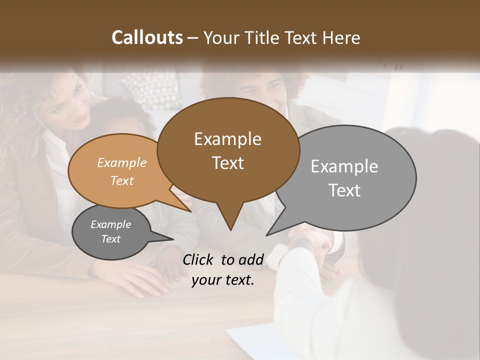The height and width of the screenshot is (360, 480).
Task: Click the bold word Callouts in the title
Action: tap(147, 37)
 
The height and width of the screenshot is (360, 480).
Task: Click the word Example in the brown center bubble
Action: tap(227, 139)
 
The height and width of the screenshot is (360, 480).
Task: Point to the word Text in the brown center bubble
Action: tap(227, 163)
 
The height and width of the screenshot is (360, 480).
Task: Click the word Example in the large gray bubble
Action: tap(344, 166)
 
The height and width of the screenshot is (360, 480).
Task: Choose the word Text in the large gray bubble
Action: tap(344, 190)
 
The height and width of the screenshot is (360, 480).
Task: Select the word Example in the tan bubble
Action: tap(122, 162)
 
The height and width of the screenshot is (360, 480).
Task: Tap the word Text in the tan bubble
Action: tap(122, 180)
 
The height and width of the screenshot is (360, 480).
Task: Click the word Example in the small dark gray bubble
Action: tap(110, 224)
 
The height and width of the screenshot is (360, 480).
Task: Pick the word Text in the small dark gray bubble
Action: tap(110, 239)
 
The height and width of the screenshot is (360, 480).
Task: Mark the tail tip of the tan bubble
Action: tap(190, 210)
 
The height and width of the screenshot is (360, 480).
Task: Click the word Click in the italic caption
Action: tap(199, 259)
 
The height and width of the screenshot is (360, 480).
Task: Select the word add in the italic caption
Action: tap(251, 259)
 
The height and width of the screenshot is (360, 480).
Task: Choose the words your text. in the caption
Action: tap(223, 280)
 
